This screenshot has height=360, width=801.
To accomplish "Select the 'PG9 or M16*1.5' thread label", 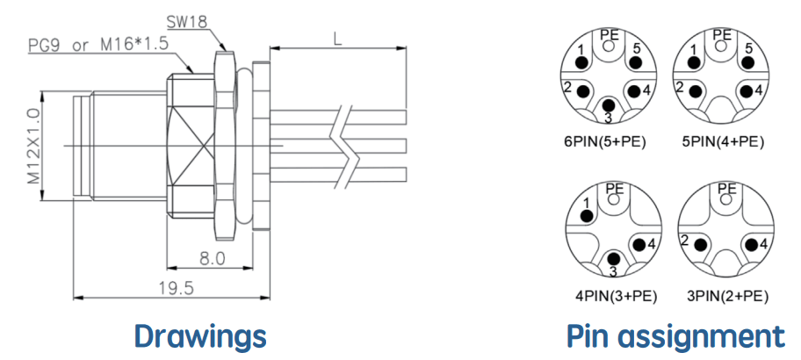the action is tap(98, 45).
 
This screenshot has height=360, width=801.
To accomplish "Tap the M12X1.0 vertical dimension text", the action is tap(33, 147).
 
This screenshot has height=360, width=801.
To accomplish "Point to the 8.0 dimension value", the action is tap(212, 259).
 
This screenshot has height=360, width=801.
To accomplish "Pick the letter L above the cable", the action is tap(337, 40).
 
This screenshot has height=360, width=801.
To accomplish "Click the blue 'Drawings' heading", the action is tap(200, 336).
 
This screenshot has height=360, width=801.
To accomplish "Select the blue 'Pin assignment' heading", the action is tap(676, 337).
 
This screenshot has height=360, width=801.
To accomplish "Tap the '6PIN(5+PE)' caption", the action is tap(605, 142).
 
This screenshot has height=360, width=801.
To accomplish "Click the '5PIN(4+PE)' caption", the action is tap(723, 142).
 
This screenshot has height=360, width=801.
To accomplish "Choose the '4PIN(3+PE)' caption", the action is tap(616, 296).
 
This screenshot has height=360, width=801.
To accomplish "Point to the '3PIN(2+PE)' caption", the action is tap(728, 296).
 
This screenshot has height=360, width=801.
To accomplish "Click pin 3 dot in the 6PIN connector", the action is tap(609, 105).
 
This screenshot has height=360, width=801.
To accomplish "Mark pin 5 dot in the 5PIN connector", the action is tap(748, 62).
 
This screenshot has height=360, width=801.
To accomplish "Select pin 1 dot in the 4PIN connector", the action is tap(587, 216).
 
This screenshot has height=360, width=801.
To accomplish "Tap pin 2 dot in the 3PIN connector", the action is tap(700, 245).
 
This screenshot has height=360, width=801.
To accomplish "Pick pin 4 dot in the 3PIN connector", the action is tap(751, 245).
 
